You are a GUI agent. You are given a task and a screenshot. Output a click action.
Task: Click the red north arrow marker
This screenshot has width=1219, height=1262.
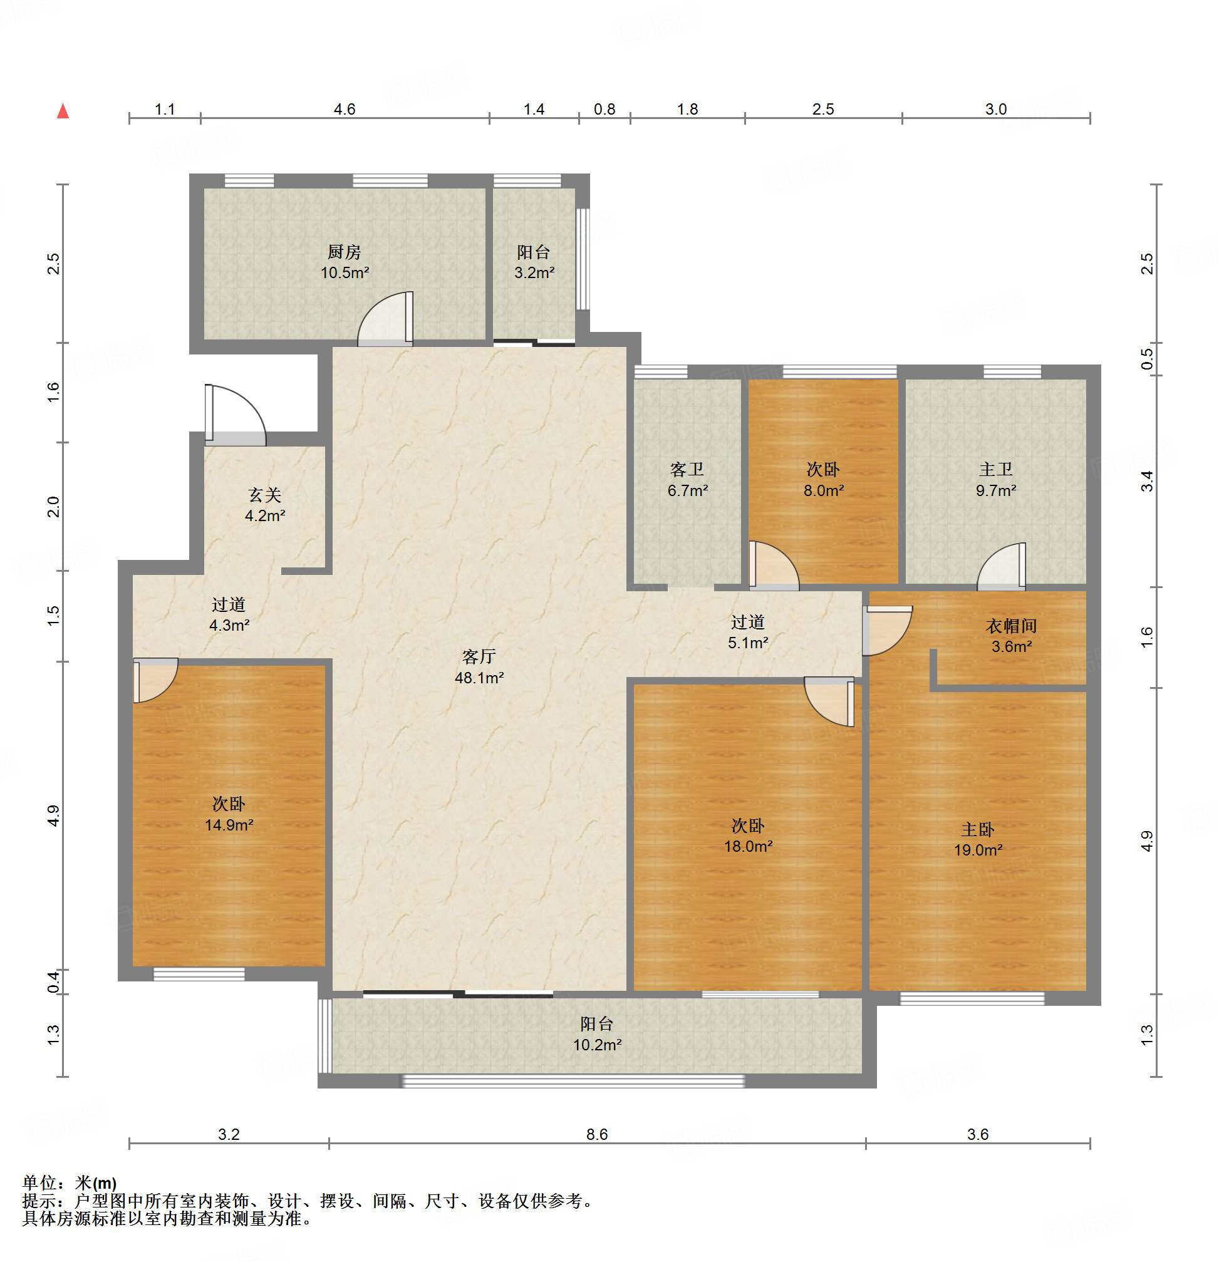(63, 111)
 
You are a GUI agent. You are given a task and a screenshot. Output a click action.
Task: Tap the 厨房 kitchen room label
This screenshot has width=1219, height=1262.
(345, 251)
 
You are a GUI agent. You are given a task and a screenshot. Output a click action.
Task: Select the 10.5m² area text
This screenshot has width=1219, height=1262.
(345, 272)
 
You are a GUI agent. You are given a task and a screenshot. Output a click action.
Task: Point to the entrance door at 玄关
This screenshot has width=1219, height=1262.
(235, 415)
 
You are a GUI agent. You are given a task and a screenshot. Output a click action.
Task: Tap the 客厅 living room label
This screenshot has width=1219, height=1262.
(479, 656)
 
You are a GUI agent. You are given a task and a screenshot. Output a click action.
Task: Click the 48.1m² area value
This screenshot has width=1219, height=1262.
(479, 678)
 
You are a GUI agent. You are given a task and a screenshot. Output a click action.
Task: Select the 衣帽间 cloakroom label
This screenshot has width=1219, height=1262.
(1012, 625)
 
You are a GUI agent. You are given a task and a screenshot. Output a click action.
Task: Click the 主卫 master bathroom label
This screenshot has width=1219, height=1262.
(996, 468)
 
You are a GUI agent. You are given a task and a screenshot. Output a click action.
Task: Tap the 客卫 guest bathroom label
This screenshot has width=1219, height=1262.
(687, 468)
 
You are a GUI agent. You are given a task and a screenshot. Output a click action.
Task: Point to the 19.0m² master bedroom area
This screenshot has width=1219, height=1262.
(978, 850)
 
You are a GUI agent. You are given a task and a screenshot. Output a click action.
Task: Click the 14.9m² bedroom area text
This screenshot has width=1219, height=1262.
(229, 825)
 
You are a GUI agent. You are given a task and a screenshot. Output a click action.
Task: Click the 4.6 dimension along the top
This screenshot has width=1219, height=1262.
(345, 109)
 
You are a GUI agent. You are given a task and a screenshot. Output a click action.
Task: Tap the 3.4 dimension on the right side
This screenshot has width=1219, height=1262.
(1147, 481)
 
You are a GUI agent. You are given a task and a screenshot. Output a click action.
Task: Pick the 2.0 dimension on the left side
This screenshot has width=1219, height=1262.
(53, 507)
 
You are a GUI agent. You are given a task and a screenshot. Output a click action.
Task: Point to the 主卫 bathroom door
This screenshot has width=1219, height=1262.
(1002, 567)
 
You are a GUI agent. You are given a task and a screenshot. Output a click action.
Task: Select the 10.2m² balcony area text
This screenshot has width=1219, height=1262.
(598, 1045)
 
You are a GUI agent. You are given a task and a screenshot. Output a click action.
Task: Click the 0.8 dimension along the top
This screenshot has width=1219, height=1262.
(604, 109)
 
